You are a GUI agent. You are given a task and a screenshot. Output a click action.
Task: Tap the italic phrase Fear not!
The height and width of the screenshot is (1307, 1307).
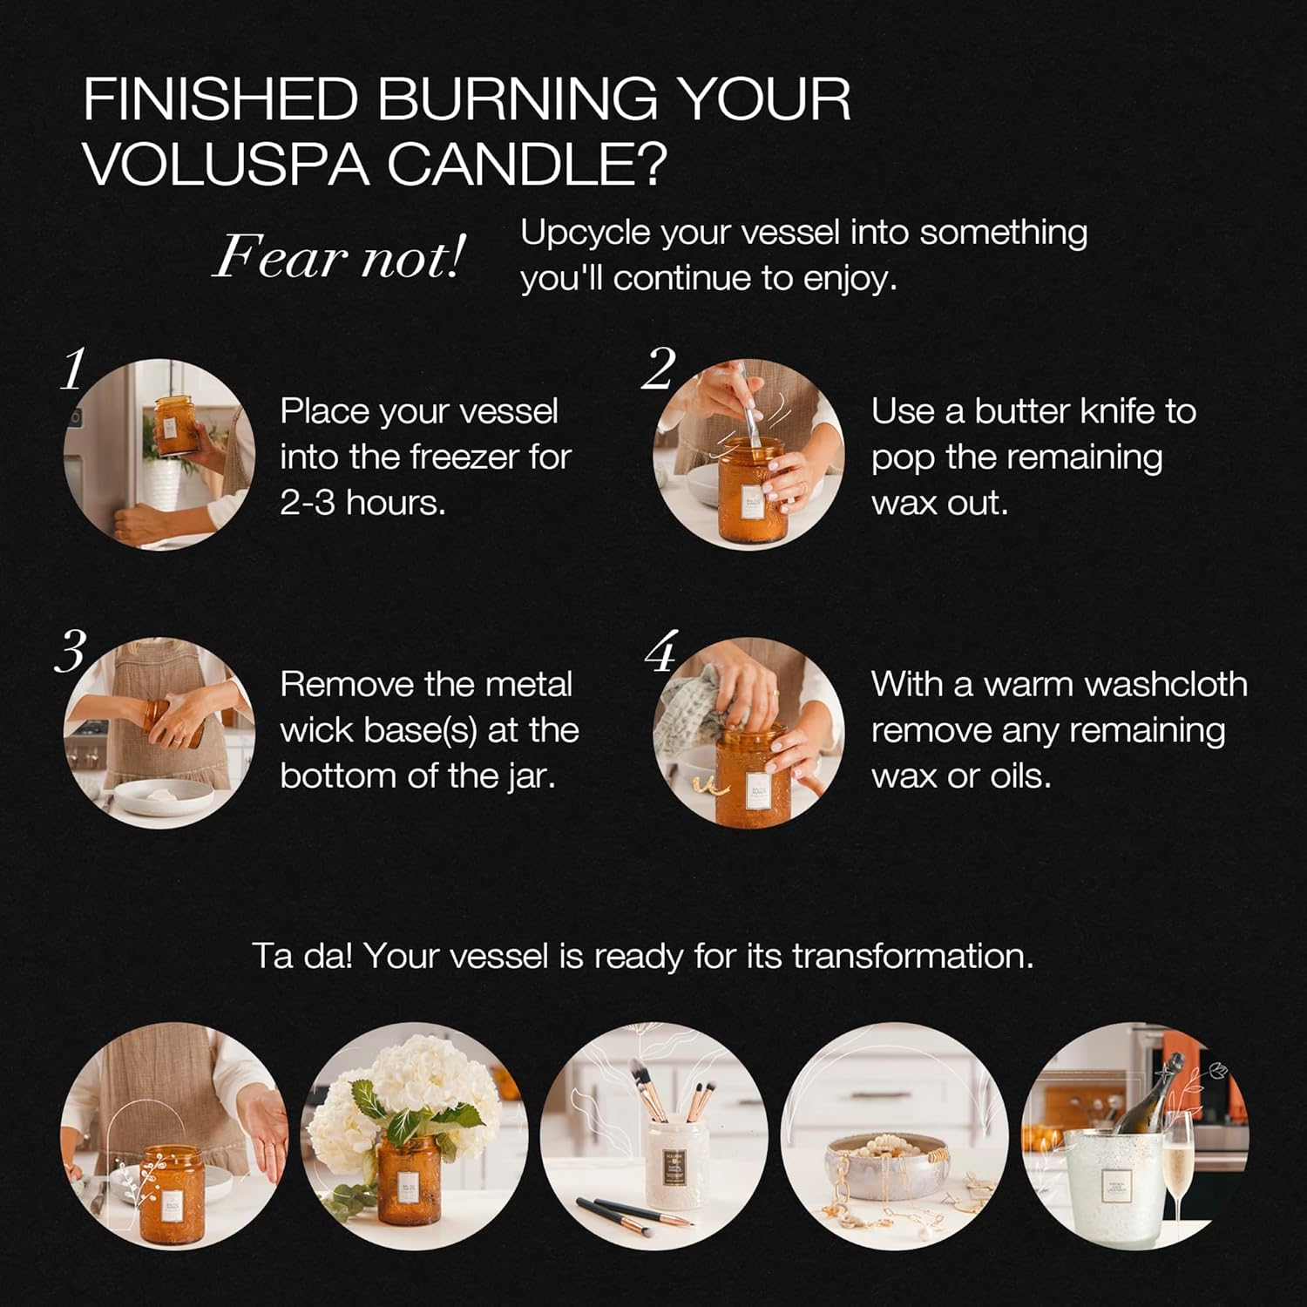(x=339, y=257)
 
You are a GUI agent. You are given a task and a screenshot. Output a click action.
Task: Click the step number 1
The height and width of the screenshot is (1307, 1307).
(x=73, y=369)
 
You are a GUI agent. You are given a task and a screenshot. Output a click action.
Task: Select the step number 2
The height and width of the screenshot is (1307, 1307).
(x=659, y=369)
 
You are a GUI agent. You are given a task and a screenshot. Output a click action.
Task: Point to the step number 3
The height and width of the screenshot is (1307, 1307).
(x=71, y=651)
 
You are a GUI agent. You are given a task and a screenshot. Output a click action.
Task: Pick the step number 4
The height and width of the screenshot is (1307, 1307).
(x=660, y=652)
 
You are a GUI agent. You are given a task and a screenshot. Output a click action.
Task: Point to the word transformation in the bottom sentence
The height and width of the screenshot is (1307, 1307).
(x=912, y=956)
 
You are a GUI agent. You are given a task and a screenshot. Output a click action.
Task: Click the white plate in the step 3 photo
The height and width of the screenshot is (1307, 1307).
(x=165, y=796)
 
